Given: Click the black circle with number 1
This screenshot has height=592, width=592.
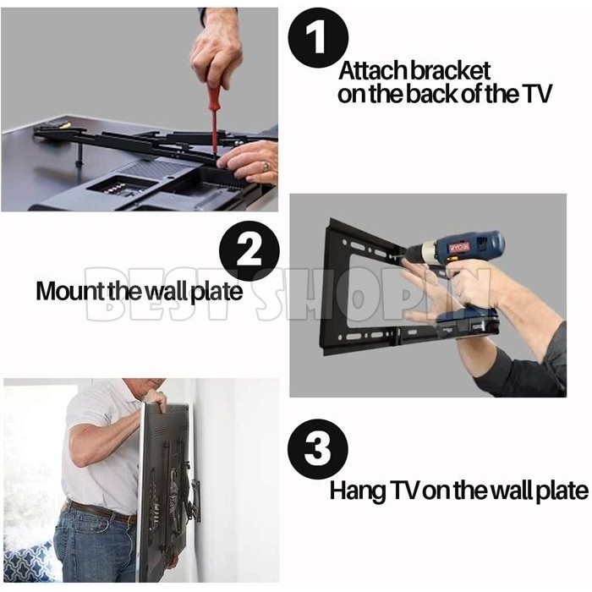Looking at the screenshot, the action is pos(318,37).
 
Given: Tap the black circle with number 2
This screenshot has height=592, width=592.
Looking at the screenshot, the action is pos(249,250).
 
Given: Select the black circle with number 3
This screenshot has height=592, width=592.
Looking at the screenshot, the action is pos(318,449).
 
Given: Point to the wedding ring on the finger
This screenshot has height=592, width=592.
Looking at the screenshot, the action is pos(266,166).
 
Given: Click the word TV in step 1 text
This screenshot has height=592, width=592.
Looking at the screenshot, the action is pos(537,94).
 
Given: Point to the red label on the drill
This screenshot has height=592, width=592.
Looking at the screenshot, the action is pos(459,248).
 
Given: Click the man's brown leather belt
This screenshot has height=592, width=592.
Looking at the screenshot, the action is pos(100,511).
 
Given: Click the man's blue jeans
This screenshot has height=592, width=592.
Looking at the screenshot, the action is pos(95,547).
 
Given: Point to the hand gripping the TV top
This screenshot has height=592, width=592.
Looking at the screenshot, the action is pos(156,401).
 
